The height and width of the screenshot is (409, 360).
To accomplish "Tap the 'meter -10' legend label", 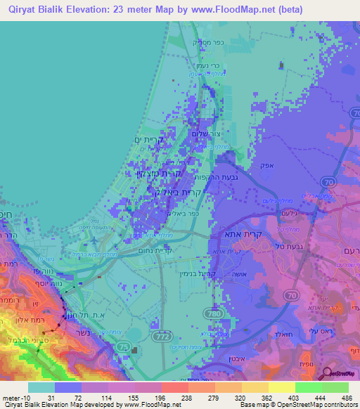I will (x=16, y=397).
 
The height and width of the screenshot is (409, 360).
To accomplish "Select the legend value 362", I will (x=258, y=397).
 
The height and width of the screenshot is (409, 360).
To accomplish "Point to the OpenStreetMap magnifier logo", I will (x=328, y=374).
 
